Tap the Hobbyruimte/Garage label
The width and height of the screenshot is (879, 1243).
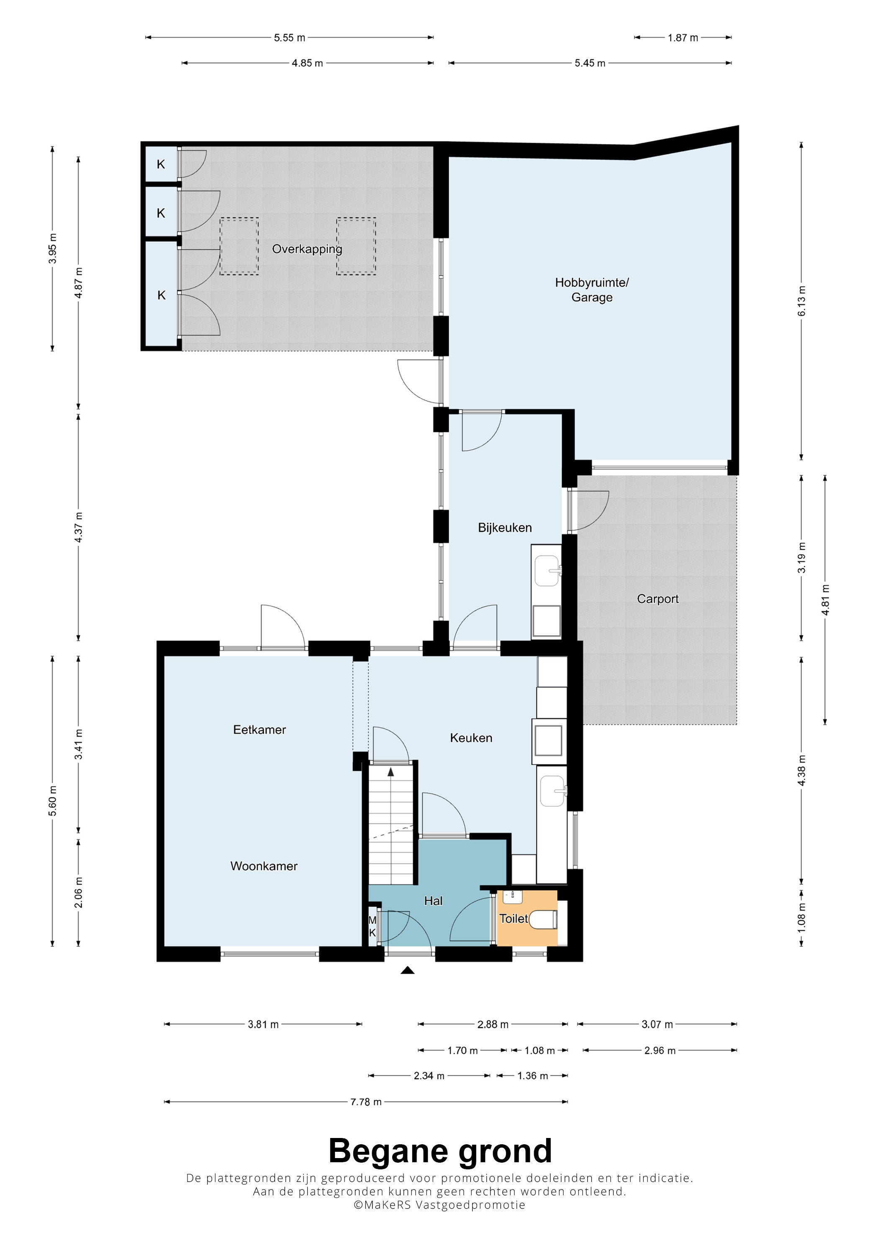pyautogui.click(x=591, y=290)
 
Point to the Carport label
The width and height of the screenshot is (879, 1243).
pyautogui.click(x=658, y=599)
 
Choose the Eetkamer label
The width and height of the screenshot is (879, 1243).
pyautogui.click(x=260, y=730)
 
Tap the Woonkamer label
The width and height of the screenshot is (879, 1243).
pyautogui.click(x=264, y=866)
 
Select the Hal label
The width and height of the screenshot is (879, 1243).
pyautogui.click(x=433, y=901)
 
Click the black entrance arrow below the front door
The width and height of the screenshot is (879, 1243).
pyautogui.click(x=407, y=971)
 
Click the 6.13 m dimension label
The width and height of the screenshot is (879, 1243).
pyautogui.click(x=802, y=301)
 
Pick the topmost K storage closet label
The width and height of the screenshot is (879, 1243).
pyautogui.click(x=161, y=164)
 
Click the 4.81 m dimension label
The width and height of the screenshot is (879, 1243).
pyautogui.click(x=825, y=600)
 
